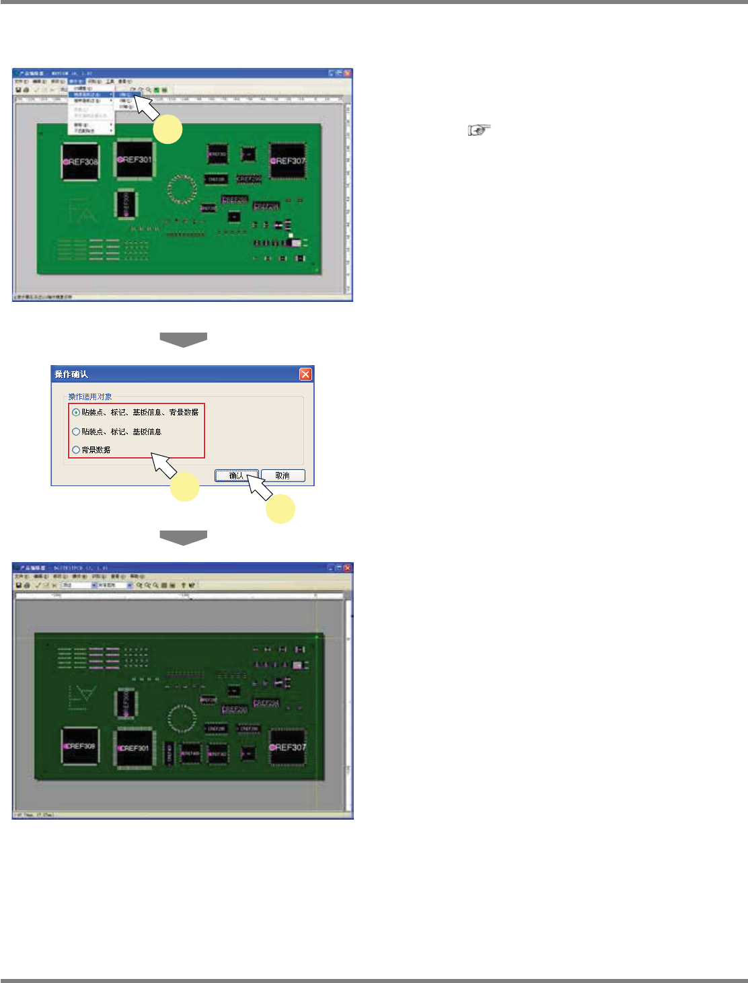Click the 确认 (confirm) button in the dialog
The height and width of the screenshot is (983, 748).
click(236, 476)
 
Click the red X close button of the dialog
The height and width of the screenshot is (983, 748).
click(305, 375)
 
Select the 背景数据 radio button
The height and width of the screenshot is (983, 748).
click(76, 450)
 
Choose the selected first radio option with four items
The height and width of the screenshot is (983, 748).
click(76, 412)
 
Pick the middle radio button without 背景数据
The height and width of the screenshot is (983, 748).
click(76, 432)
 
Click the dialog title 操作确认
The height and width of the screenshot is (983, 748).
click(71, 375)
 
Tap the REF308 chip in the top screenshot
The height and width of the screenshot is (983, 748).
click(81, 162)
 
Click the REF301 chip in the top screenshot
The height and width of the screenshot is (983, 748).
click(135, 160)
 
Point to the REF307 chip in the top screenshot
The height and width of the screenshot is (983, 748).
click(288, 161)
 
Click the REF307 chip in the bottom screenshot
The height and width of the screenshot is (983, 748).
click(288, 747)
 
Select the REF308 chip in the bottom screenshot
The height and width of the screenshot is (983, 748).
click(81, 746)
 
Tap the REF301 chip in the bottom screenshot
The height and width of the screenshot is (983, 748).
click(134, 748)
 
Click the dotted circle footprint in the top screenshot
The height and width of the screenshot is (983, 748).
click(180, 189)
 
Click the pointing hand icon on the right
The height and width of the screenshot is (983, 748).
click(480, 130)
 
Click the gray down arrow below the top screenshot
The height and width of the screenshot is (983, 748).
click(183, 340)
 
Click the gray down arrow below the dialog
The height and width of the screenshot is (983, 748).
click(183, 538)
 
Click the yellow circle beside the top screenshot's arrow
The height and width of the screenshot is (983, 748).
click(167, 129)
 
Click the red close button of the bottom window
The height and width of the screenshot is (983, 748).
click(348, 568)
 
